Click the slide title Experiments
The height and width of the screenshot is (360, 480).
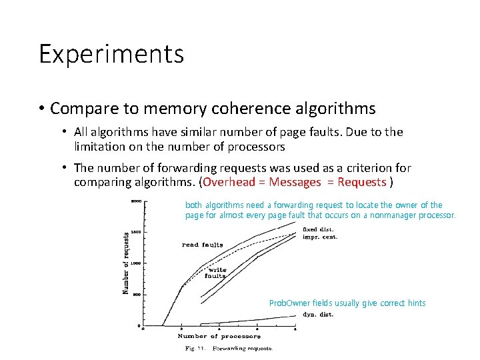pos(111,54)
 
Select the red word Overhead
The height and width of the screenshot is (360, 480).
pos(231,182)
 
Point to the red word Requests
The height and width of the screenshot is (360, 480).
pos(362,182)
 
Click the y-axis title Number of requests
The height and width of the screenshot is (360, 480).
pos(126,262)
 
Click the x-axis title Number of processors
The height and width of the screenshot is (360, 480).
pos(219,337)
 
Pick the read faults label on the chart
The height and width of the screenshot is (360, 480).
pos(203,245)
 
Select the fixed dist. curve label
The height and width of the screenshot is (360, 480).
pos(318,229)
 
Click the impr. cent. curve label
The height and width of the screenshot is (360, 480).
pos(320,237)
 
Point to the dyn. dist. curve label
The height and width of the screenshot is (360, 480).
pos(318,313)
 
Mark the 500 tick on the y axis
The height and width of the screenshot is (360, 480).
pos(135,295)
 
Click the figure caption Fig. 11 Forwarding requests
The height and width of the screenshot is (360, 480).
pos(229,348)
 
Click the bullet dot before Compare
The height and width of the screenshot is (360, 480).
pos(41,108)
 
